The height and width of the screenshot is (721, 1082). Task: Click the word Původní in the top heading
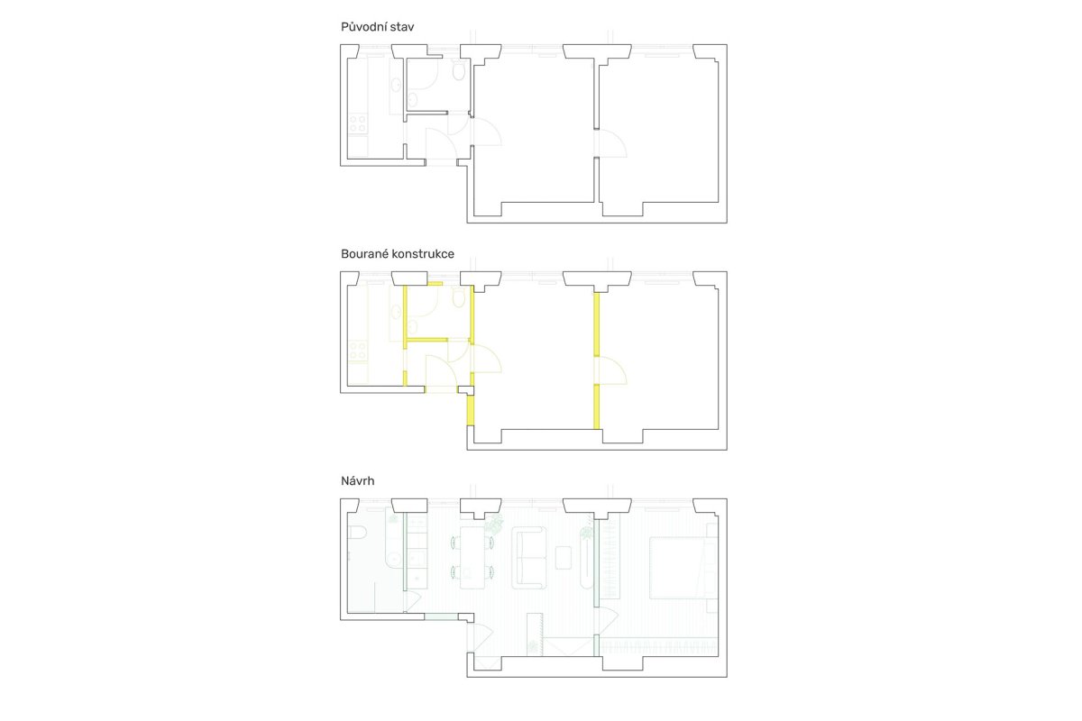coord(363,27)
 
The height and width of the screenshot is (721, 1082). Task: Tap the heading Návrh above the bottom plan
coord(357,481)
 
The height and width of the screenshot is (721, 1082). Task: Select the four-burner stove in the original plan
coord(357,123)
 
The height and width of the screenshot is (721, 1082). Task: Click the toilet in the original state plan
coord(458,71)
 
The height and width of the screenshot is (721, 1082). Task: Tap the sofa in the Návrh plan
coord(529,558)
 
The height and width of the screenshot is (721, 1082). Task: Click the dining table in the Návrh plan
coord(472,558)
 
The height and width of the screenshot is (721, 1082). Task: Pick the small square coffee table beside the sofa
coord(564,558)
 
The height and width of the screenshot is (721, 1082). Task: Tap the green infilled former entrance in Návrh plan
coord(441,616)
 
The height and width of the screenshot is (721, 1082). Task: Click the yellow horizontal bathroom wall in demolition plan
coord(426,340)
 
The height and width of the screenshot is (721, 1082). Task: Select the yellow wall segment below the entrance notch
coord(470,409)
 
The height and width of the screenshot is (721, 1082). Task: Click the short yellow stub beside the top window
coord(435,284)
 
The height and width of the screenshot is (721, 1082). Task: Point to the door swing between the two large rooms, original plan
coord(612,142)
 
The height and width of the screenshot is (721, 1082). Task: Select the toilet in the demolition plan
coord(458,298)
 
